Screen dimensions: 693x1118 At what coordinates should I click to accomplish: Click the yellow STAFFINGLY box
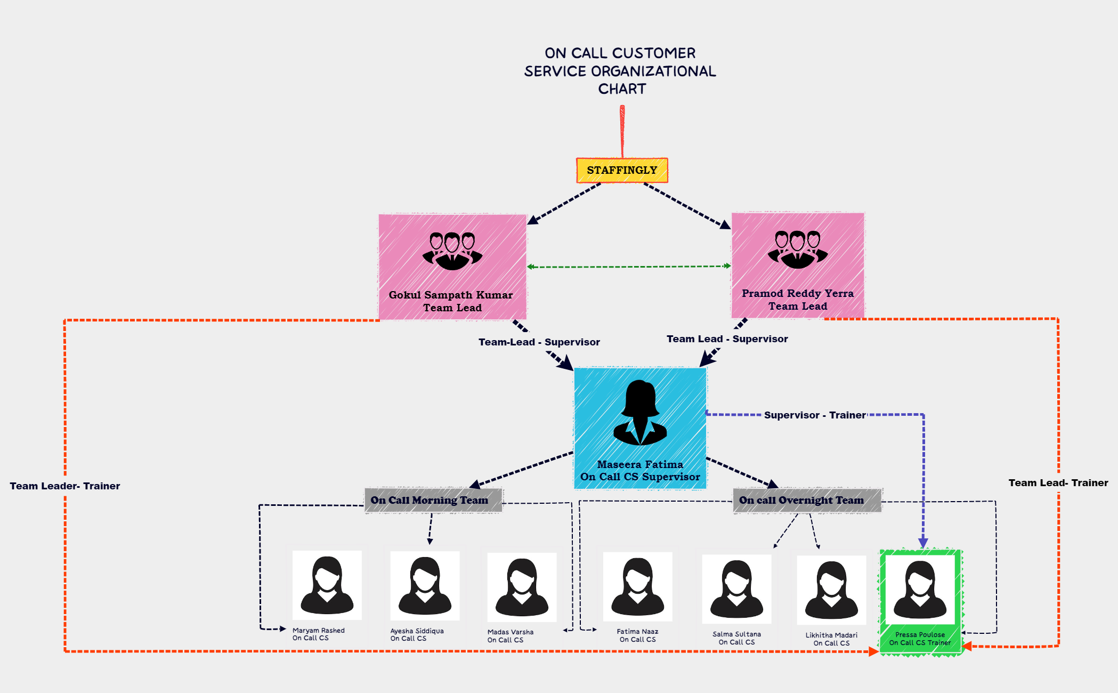pos(622,171)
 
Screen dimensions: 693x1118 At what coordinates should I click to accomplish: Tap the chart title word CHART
pos(622,89)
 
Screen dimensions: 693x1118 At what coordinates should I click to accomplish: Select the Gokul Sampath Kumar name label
pos(451,295)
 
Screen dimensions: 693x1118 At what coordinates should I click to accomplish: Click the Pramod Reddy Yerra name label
pos(798,293)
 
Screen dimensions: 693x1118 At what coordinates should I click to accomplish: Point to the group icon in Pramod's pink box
pos(798,249)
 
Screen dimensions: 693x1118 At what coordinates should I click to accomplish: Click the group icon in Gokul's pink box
pos(452,251)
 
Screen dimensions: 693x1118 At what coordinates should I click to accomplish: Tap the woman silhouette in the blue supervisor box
pos(640,413)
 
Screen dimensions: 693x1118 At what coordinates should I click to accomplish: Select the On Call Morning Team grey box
pos(433,500)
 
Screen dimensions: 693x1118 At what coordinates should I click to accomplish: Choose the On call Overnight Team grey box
pos(807,500)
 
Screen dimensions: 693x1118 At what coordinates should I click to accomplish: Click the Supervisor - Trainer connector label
pos(815,415)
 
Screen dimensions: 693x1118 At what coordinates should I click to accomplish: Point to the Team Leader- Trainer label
pos(65,486)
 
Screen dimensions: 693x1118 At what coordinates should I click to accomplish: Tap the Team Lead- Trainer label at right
pos(1058,483)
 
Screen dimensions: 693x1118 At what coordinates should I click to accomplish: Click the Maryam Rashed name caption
pos(318,631)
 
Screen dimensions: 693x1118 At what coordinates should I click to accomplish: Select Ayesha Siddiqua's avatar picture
pos(425,586)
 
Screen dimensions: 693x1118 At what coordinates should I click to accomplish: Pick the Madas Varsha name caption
pos(510,632)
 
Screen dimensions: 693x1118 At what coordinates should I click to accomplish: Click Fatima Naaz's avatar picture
pos(637,586)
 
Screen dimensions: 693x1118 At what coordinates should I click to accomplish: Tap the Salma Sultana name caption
pos(736,634)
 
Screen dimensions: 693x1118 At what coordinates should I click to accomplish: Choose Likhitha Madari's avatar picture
pos(831,590)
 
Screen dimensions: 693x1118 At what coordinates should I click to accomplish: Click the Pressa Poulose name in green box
pos(920,635)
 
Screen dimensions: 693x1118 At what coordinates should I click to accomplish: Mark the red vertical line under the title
pos(622,131)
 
